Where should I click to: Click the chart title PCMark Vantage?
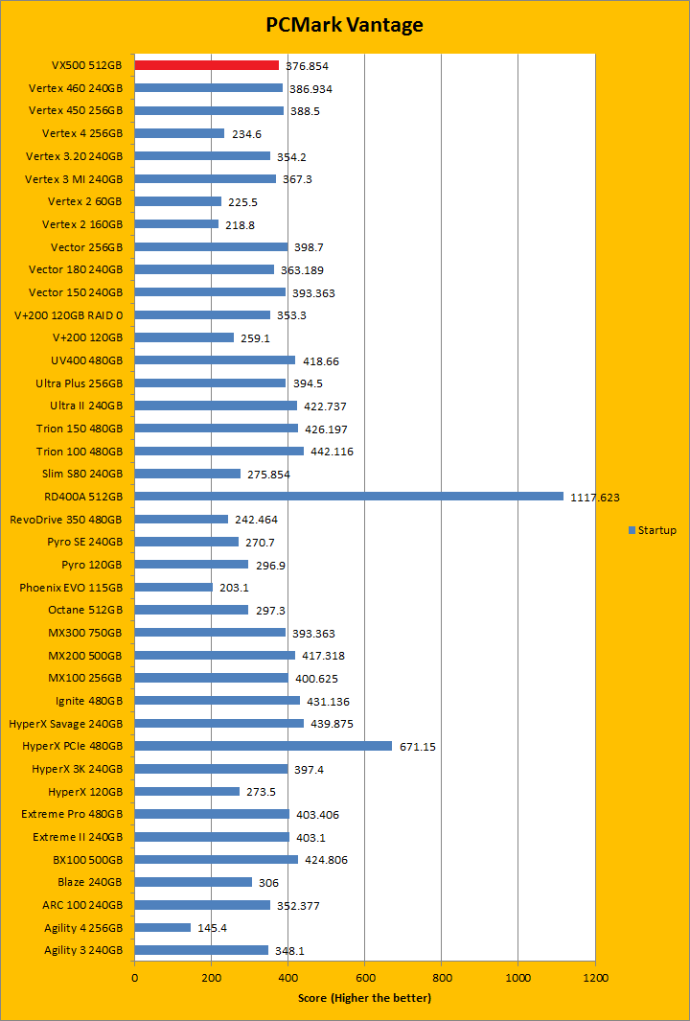coord(344,24)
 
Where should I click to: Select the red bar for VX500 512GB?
coord(206,65)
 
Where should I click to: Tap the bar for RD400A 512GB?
coord(349,497)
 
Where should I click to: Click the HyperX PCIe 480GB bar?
coord(263,746)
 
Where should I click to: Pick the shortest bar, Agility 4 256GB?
coord(162,927)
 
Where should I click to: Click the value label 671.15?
coord(417,747)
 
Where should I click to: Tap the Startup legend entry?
coord(653,530)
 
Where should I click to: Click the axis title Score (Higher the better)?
coord(364,998)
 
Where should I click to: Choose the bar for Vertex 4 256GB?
coord(179,133)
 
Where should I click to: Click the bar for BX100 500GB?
coord(216,859)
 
